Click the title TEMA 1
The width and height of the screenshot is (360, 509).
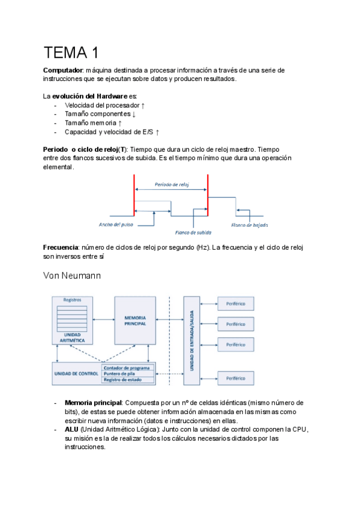tap(71, 53)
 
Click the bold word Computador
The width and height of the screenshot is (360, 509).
tap(62, 71)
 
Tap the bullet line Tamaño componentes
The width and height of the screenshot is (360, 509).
tap(100, 114)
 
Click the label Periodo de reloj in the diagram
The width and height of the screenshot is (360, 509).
tap(172, 184)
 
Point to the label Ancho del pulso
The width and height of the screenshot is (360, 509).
tap(116, 224)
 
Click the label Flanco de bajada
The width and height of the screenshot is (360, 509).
tap(250, 225)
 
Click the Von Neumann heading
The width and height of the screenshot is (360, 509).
tap(71, 276)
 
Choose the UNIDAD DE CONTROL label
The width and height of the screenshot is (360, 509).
tap(76, 373)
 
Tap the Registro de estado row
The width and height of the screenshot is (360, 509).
tap(127, 379)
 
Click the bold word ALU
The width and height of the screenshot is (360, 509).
tap(71, 430)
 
